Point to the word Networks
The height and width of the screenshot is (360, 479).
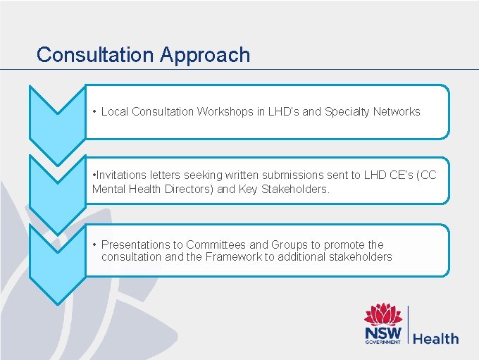pos(397,111)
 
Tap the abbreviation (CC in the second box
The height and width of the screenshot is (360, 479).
pos(427,175)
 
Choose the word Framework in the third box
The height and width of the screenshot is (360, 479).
pos(234,257)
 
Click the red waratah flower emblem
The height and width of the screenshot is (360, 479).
pos(382,314)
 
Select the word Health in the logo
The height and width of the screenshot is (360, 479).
pos(435,339)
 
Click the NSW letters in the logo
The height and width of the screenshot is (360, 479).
pos(382,333)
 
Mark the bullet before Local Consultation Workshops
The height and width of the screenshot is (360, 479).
pos(94,111)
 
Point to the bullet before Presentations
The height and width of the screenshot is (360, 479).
pos(94,244)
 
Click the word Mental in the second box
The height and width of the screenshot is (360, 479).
pos(108,189)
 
